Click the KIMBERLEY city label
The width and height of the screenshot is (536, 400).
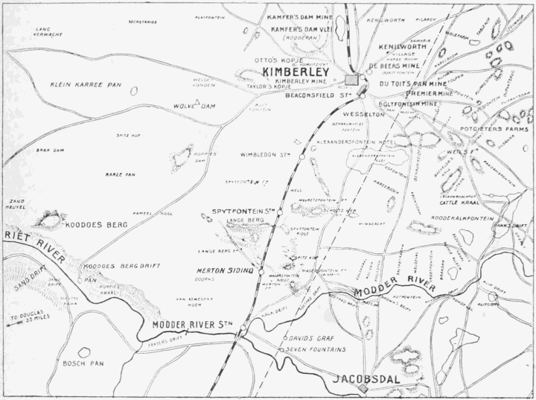pyautogui.click(x=296, y=72)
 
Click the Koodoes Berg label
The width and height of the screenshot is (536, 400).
pyautogui.click(x=93, y=223)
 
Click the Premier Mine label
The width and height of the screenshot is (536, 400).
pyautogui.click(x=429, y=96)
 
